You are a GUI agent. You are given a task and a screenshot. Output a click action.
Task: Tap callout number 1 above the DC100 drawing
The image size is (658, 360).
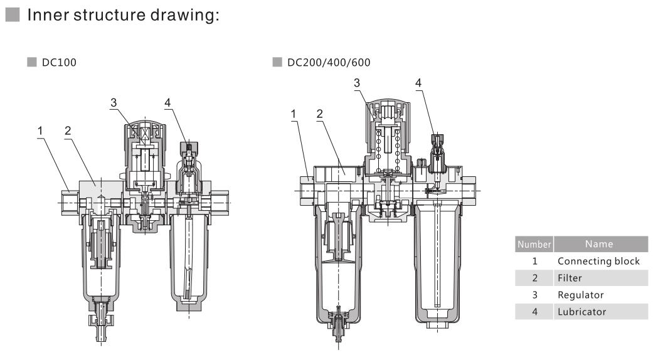click(41, 130)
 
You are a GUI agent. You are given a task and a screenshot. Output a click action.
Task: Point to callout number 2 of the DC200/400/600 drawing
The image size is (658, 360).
click(320, 114)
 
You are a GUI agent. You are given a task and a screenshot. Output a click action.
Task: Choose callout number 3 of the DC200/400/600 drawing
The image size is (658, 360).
click(356, 83)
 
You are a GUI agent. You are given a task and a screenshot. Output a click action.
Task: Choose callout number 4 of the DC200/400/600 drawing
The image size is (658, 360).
click(418, 83)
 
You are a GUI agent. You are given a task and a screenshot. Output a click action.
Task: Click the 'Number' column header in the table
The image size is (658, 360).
click(534, 244)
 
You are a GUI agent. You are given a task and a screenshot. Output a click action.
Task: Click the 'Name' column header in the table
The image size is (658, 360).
click(599, 244)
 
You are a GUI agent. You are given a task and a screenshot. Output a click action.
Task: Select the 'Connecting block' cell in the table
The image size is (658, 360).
click(598, 261)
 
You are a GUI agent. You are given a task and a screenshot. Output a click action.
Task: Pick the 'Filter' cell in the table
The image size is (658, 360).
click(570, 278)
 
